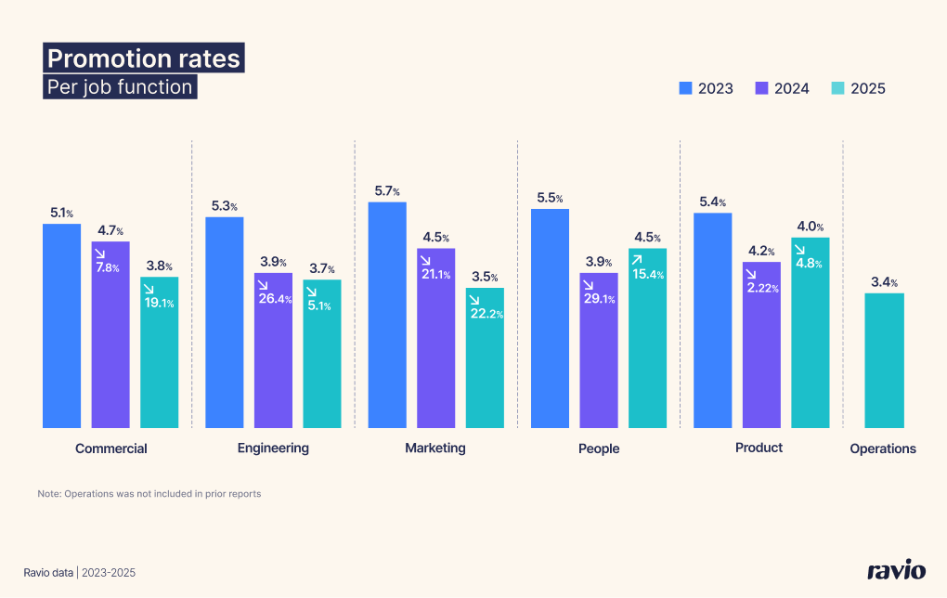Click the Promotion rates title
tap(144, 58)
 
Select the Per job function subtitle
tap(120, 87)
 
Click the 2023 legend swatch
tap(686, 88)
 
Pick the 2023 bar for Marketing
tap(387, 315)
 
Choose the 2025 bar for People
tap(647, 338)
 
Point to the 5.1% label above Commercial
tap(61, 214)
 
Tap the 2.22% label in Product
tap(761, 289)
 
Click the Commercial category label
tap(111, 448)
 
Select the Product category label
tap(759, 448)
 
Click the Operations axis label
tap(883, 448)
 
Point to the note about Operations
tap(149, 494)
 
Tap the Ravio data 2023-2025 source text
tap(80, 573)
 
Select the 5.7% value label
tap(387, 191)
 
